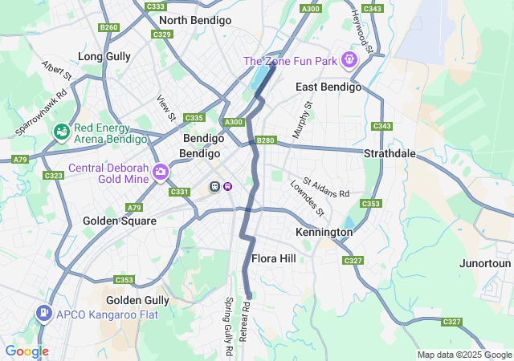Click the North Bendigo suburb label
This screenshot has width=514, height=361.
tap(194, 20)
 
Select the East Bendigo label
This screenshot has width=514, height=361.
tap(328, 87)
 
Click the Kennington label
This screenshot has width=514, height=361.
tap(324, 232)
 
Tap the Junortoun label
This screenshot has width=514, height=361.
tap(485, 263)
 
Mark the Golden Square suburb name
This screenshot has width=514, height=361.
tap(120, 221)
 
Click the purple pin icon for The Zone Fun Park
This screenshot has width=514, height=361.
tap(349, 60)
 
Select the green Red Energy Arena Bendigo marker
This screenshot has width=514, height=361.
tap(61, 131)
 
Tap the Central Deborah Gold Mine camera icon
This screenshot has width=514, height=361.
tap(161, 172)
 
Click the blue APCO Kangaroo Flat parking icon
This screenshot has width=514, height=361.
tap(43, 314)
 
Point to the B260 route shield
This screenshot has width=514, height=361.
tap(108, 27)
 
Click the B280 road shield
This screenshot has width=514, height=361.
tap(266, 140)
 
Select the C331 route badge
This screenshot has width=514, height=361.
tap(179, 192)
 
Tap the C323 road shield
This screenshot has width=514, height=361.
tap(54, 175)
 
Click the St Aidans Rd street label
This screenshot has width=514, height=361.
tap(326, 189)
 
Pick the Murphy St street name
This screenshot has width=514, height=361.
tap(301, 120)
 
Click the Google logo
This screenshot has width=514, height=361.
tap(27, 351)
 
